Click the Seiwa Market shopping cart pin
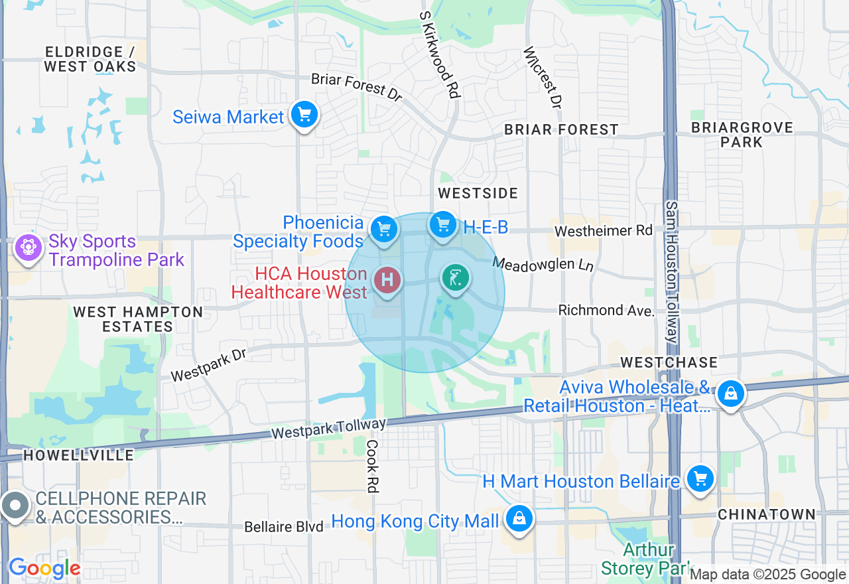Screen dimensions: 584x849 [x=304, y=115]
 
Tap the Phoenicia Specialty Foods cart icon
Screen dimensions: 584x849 [x=383, y=230]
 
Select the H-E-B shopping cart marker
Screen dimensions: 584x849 [x=443, y=226]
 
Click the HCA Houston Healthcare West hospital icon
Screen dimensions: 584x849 [x=387, y=280]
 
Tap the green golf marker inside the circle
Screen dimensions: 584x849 [x=456, y=279]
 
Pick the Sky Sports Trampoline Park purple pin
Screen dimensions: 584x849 [x=28, y=248]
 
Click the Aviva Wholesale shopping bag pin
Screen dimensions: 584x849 [x=730, y=394]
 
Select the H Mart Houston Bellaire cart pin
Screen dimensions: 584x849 [x=700, y=478]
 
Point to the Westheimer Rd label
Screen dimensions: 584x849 [x=604, y=231]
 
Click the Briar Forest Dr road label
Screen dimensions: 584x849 [x=357, y=87]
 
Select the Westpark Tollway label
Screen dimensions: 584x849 [x=328, y=429]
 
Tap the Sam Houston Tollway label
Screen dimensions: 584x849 [x=671, y=272]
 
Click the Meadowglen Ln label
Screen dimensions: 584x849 [x=543, y=264]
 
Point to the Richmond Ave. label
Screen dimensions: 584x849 [x=606, y=310]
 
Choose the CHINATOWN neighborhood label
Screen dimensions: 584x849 [x=766, y=514]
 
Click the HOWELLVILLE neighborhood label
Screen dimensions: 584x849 [x=78, y=455]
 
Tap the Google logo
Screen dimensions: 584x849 [x=44, y=568]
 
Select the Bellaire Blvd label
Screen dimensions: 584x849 [x=284, y=527]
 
